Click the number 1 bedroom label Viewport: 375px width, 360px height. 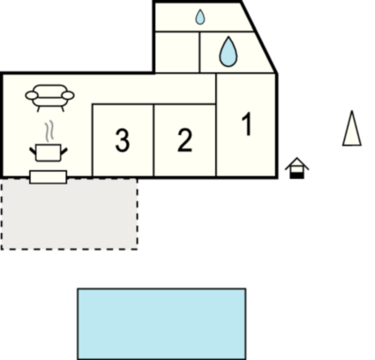247,124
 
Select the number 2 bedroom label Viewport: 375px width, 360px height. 184,140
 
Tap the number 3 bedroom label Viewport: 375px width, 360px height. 123,140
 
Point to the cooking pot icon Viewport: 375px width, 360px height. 49,153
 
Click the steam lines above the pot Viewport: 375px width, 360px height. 49,131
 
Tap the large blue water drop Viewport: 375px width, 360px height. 228,52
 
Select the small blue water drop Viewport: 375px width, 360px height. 200,17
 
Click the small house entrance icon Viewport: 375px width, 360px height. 296,168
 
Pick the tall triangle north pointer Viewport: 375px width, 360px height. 352,129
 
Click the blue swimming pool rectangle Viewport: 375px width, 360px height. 161,324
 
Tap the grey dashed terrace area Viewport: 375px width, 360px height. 70,214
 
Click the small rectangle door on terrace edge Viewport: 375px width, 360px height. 49,177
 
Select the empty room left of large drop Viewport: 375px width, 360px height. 177,52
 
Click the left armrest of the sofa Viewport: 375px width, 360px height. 32,95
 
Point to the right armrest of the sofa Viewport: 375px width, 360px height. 68,95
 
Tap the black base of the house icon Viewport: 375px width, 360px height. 296,176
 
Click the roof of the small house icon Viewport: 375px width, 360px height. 296,163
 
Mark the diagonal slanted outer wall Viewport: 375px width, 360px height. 259,37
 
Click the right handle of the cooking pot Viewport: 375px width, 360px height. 64,152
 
